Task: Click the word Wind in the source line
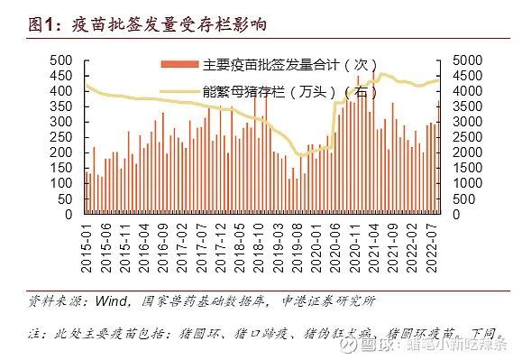point(107,300)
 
